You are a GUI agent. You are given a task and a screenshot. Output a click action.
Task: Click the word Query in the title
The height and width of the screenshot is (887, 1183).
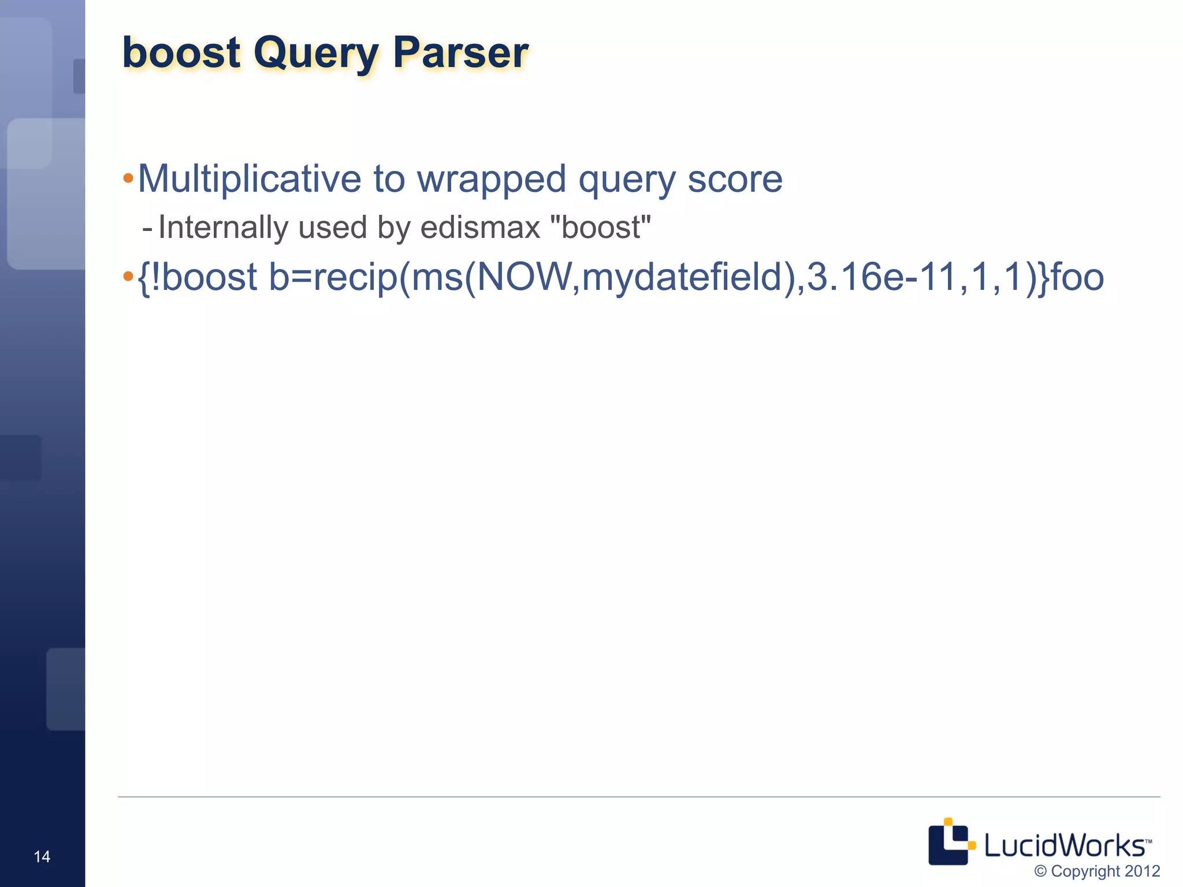(315, 54)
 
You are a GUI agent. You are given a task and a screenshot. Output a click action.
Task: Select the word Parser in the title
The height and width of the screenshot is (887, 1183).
(460, 53)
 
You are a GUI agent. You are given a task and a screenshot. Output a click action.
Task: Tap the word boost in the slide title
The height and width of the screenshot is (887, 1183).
(181, 53)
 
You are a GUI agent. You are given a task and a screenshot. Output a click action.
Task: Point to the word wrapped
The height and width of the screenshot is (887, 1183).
(491, 180)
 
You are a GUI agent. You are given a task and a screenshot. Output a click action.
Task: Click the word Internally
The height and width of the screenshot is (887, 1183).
(223, 228)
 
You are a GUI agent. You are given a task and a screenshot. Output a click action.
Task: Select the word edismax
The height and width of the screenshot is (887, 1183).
(480, 228)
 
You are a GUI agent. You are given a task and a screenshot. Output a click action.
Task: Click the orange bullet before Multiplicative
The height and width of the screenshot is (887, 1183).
(128, 177)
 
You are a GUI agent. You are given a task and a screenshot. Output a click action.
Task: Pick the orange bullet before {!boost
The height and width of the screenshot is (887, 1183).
(128, 276)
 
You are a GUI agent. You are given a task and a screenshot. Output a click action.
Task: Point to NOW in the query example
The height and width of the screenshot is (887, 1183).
(524, 277)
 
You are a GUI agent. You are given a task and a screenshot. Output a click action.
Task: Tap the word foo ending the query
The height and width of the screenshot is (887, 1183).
(1077, 277)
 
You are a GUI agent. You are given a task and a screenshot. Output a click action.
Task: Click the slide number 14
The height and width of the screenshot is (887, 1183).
(42, 856)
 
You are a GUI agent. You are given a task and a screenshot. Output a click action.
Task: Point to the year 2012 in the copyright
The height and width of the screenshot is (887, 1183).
(1142, 871)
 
